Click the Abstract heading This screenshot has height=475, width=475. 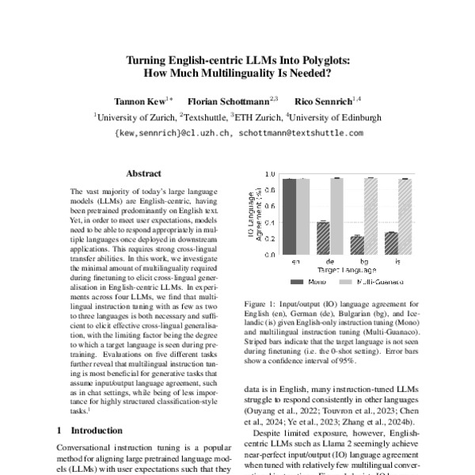click(x=143, y=173)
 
